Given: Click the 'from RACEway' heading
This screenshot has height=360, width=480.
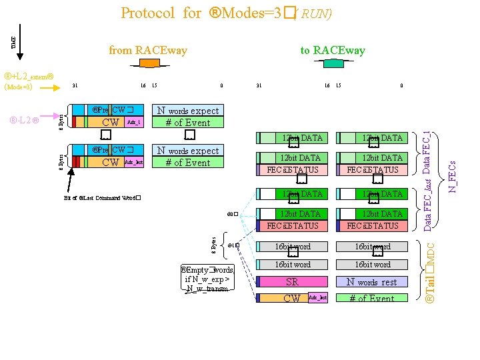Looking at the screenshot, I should pos(148,50).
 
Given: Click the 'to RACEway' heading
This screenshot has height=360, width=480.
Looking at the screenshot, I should pos(332,50).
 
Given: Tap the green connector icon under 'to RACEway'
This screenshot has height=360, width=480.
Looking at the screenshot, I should pos(332,63).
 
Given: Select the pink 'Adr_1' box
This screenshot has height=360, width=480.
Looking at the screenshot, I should pos(133,123).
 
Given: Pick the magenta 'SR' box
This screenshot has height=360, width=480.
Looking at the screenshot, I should pos(292,282).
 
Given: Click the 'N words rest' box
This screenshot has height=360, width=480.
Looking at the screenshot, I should pos(372,282).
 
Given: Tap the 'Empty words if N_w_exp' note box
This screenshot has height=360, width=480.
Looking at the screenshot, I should pos(207,279).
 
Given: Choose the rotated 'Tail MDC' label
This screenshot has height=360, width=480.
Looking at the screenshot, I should pos(431,274).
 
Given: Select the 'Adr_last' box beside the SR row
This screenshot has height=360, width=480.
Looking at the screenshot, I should pos(317,297).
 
